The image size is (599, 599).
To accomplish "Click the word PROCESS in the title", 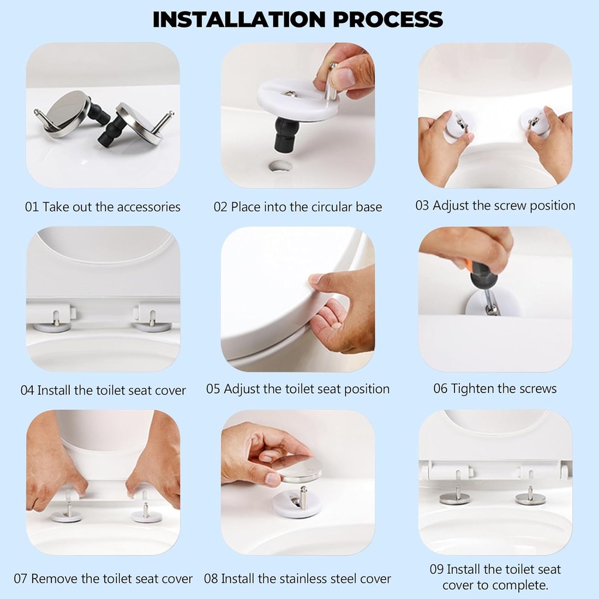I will click(387, 19).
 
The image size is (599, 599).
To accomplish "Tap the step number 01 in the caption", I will click(32, 207).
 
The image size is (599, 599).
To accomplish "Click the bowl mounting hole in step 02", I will click(281, 166).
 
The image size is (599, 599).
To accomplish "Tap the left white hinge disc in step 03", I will click(459, 125).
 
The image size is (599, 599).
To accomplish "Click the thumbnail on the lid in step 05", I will click(315, 280).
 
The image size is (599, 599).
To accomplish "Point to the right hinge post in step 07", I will click(145, 507).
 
